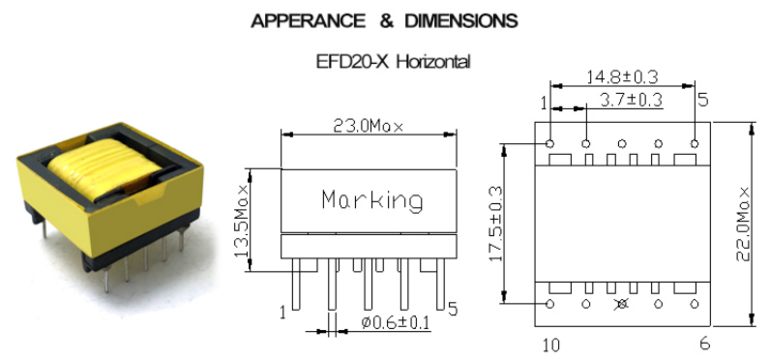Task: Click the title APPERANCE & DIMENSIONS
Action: point(384,20)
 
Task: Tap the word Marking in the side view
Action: point(371,200)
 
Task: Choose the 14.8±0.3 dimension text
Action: point(623,76)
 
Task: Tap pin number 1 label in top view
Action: point(544,102)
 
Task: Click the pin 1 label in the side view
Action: point(283,313)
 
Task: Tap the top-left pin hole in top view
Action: point(550,142)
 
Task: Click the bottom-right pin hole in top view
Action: point(695,304)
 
